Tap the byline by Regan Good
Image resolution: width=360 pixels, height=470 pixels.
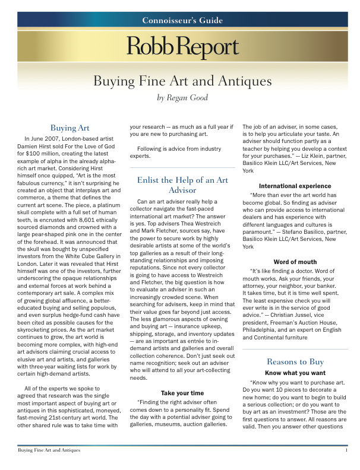(x=182, y=98)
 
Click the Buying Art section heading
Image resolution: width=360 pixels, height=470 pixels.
(x=70, y=128)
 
